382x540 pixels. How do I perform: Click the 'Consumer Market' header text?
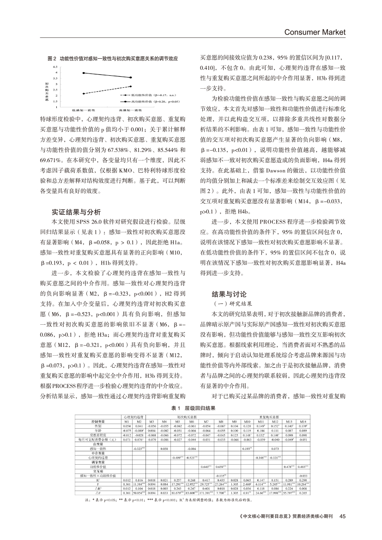click(x=315, y=32)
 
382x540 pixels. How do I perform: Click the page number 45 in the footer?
click(x=342, y=516)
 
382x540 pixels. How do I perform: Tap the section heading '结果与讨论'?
click(x=222, y=294)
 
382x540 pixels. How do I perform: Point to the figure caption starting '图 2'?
click(x=113, y=59)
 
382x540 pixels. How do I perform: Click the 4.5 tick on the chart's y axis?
click(x=56, y=67)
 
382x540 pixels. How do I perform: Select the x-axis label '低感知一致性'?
click(x=84, y=110)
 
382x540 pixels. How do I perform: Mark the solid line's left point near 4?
click(x=83, y=73)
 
